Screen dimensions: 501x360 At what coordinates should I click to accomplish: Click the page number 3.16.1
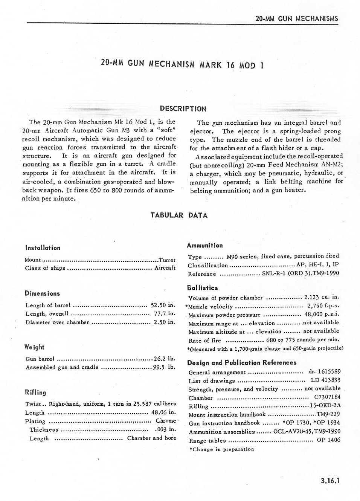[x=330, y=480]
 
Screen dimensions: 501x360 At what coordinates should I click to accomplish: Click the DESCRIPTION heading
[x=183, y=109]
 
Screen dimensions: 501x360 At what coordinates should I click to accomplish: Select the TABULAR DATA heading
[x=179, y=215]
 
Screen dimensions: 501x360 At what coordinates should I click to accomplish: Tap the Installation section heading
[x=43, y=248]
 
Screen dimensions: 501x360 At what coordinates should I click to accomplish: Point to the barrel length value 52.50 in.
[x=163, y=305]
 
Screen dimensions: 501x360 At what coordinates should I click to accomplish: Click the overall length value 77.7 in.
[x=164, y=313]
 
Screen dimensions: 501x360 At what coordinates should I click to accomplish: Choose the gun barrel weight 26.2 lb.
[x=164, y=359]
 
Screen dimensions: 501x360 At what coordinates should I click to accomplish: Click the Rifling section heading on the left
[x=35, y=393]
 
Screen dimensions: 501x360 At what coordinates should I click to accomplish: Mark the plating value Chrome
[x=166, y=421]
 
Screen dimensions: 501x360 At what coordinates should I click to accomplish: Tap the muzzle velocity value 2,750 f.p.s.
[x=323, y=306]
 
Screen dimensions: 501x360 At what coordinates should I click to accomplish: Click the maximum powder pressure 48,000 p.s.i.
[x=322, y=314]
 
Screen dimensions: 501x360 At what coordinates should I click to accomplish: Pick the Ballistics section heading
[x=202, y=288]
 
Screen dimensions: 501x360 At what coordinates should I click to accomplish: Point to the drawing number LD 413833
[x=325, y=380]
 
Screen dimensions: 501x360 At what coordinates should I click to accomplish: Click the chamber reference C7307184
[x=327, y=397]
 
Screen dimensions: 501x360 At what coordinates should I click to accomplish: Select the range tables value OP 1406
[x=328, y=440]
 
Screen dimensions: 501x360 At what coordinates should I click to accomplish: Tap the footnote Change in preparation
[x=221, y=449]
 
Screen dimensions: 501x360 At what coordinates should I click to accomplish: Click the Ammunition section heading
[x=204, y=245]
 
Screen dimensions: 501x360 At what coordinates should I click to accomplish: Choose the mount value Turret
[x=167, y=260]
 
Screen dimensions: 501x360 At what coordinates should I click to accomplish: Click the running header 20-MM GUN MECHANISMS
[x=296, y=18]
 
